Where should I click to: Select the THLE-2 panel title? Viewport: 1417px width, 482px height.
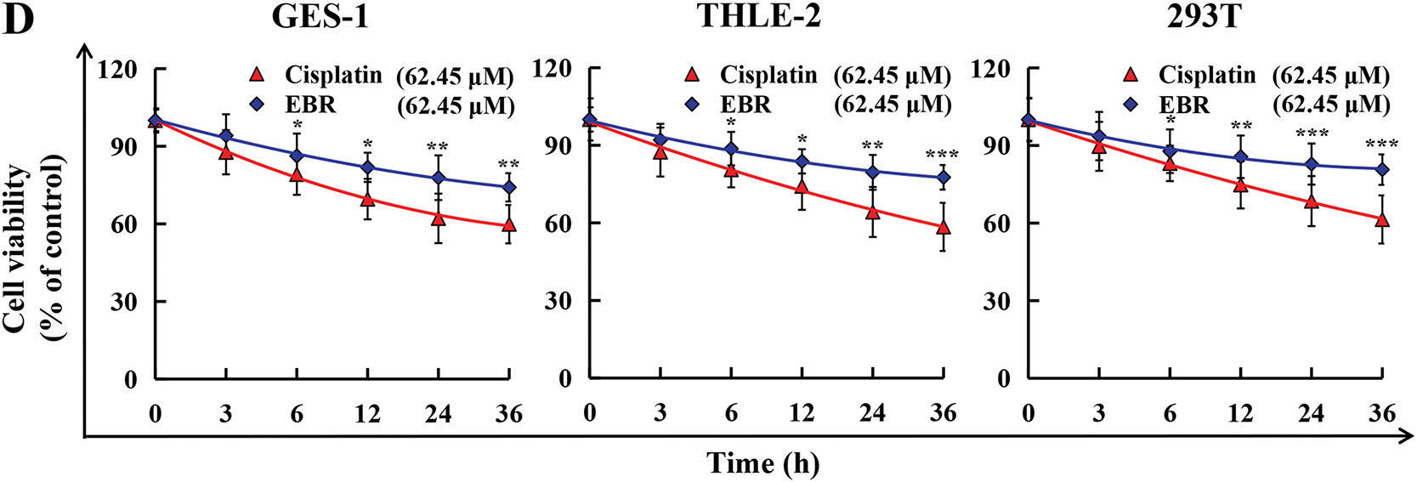[x=759, y=17]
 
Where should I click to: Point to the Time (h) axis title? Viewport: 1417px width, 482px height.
[x=762, y=463]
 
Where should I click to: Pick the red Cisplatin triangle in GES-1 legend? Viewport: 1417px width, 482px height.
[x=256, y=75]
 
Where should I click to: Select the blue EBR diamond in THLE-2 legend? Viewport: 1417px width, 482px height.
[x=692, y=105]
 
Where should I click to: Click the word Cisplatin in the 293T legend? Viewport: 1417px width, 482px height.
[x=1206, y=75]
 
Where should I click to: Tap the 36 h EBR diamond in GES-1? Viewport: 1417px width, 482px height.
[x=508, y=187]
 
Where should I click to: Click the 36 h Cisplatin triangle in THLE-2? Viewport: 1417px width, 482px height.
[x=943, y=227]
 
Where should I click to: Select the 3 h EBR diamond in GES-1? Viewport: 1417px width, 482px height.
[x=226, y=136]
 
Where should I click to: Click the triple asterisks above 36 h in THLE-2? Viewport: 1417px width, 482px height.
[x=942, y=155]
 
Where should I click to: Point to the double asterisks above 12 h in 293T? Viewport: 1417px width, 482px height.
[x=1241, y=128]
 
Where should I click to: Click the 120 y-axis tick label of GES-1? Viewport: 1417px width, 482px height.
[x=117, y=69]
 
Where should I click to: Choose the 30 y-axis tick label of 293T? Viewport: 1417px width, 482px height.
[x=996, y=302]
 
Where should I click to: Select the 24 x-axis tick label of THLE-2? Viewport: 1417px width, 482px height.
[x=872, y=414]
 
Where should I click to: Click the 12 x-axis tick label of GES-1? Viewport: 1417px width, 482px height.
[x=367, y=414]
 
